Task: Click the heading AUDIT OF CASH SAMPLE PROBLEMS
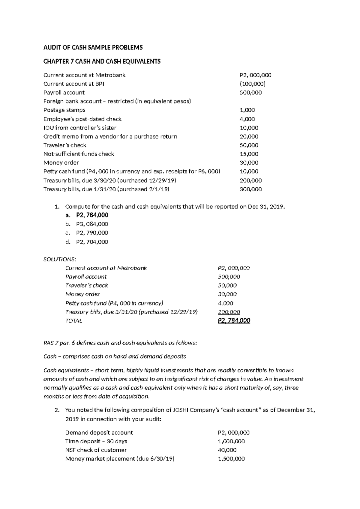(93, 47)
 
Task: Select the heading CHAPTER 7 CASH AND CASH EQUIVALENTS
(102, 61)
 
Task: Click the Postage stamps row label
(64, 110)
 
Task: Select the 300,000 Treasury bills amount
(250, 189)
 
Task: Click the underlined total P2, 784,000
(234, 321)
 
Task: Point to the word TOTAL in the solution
(73, 321)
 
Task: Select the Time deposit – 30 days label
(96, 441)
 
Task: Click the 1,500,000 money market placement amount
(231, 459)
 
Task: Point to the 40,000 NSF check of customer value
(227, 450)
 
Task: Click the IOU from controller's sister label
(80, 128)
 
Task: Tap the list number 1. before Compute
(57, 207)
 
